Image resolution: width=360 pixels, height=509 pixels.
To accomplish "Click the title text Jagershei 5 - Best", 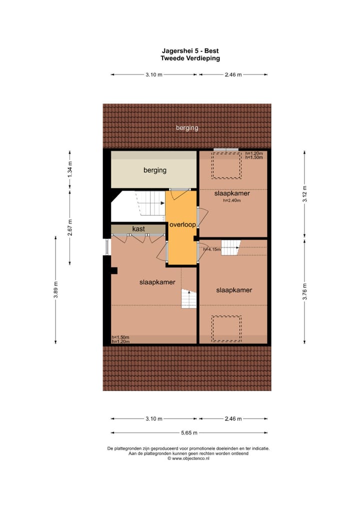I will [190, 50].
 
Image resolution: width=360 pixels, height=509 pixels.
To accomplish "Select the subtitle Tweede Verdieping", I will [190, 58].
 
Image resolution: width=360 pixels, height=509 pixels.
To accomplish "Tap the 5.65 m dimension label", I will [188, 433].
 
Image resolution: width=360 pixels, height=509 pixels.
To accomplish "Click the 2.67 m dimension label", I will [70, 228].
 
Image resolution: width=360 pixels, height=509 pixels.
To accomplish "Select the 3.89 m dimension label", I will [56, 290].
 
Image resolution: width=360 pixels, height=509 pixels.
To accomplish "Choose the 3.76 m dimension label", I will [304, 290].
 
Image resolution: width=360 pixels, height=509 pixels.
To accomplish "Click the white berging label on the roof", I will [187, 128].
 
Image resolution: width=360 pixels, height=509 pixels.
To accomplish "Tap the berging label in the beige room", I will [154, 170].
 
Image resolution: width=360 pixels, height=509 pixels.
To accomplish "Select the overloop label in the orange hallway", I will [182, 225].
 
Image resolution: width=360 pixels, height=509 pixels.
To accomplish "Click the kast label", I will [138, 229].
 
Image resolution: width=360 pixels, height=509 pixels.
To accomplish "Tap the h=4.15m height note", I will [212, 248].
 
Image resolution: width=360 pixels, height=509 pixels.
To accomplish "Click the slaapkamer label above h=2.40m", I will [232, 193].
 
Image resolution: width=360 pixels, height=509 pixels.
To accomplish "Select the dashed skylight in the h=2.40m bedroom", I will [226, 165].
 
